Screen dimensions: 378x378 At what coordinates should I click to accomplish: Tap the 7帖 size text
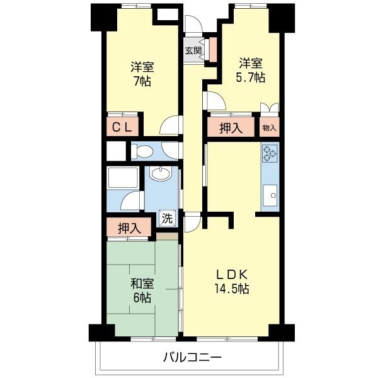pyautogui.click(x=143, y=81)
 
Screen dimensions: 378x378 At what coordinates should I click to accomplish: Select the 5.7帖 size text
pyautogui.click(x=251, y=77)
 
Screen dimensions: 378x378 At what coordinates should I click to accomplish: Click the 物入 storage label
pyautogui.click(x=269, y=128)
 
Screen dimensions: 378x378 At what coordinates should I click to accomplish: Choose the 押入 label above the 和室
pyautogui.click(x=129, y=227)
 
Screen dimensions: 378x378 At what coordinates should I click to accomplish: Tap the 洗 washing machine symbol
pyautogui.click(x=167, y=219)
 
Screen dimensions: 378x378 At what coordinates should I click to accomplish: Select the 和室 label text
pyautogui.click(x=142, y=282)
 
